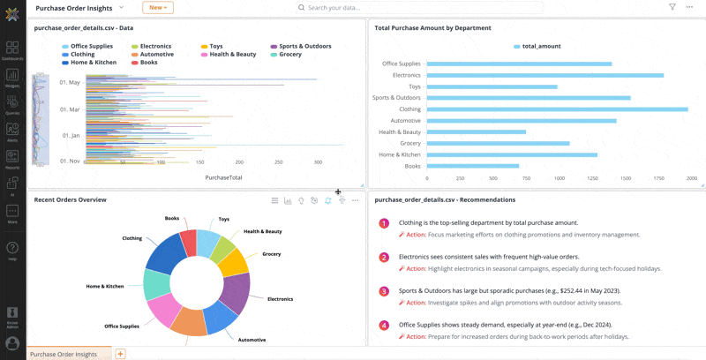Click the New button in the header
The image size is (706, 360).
click(x=157, y=7)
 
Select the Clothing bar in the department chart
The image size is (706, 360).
click(x=556, y=109)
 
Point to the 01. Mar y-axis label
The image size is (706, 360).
click(x=69, y=109)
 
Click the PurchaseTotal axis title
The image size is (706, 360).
click(x=223, y=177)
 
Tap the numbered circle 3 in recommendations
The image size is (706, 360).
click(x=384, y=291)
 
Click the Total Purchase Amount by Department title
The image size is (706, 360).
click(x=432, y=28)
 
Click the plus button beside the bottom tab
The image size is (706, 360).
click(x=120, y=354)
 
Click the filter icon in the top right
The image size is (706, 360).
click(x=672, y=7)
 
